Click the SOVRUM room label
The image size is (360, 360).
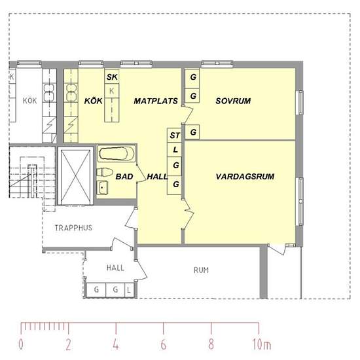(x=234, y=101)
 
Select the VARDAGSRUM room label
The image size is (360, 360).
(x=244, y=177)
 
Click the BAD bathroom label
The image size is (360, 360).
(x=124, y=177)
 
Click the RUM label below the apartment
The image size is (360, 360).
(x=201, y=270)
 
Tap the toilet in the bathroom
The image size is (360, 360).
(x=103, y=173)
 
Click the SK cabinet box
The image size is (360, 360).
(x=112, y=78)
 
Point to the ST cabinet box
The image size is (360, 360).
(x=175, y=135)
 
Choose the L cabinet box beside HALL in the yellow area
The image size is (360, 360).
(x=175, y=151)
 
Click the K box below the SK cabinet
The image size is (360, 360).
(x=112, y=90)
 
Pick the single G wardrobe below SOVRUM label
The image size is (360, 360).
(x=192, y=133)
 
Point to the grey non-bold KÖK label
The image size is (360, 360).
(x=29, y=101)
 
